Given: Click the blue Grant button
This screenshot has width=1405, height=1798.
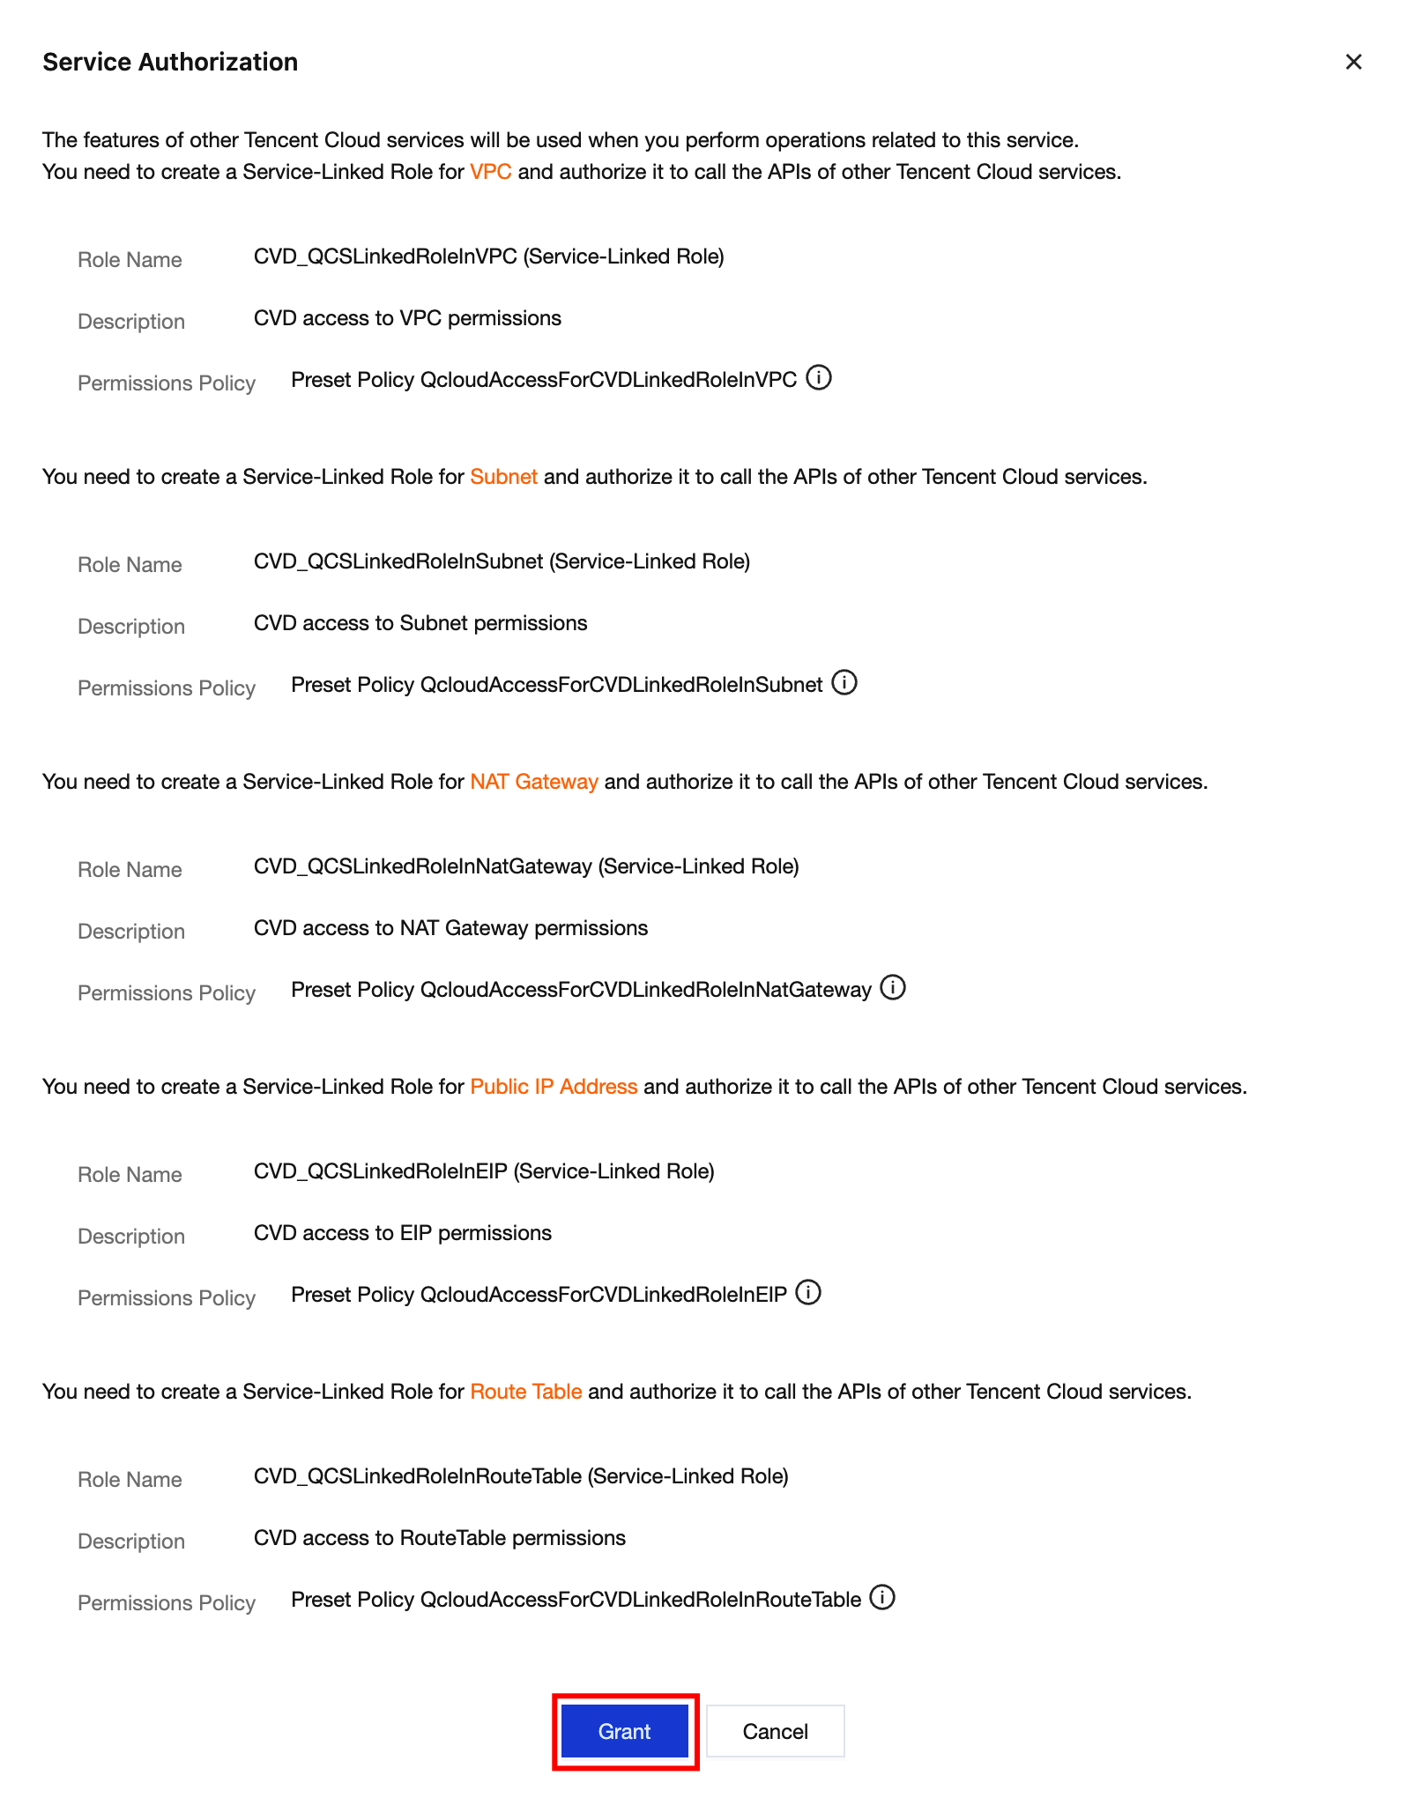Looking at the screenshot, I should pyautogui.click(x=624, y=1731).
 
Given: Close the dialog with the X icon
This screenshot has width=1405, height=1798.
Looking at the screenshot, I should pyautogui.click(x=1353, y=62).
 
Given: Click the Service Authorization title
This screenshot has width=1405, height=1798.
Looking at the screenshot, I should pyautogui.click(x=170, y=62).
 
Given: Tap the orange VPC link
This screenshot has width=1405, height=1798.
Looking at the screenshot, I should pyautogui.click(x=490, y=172).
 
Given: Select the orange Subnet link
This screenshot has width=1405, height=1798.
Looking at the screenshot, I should pyautogui.click(x=503, y=477).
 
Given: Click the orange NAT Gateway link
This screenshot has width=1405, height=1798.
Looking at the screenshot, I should pyautogui.click(x=534, y=782).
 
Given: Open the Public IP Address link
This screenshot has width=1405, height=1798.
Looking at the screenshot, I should pyautogui.click(x=554, y=1087).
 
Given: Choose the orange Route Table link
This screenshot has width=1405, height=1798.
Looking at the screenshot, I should pyautogui.click(x=525, y=1392).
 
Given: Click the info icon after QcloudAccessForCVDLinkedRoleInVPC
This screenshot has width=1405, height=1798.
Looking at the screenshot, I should pyautogui.click(x=819, y=378).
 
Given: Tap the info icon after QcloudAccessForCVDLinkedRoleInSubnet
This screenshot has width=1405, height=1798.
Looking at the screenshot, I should pyautogui.click(x=844, y=683).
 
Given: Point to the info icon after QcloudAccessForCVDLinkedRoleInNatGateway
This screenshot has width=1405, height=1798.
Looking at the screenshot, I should pyautogui.click(x=893, y=988).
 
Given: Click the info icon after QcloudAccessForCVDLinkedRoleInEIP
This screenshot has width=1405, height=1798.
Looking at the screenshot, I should pyautogui.click(x=808, y=1293).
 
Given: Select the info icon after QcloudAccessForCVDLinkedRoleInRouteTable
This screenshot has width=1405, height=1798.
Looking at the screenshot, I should pyautogui.click(x=882, y=1598).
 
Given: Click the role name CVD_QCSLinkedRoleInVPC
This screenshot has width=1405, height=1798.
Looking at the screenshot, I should pyautogui.click(x=385, y=256).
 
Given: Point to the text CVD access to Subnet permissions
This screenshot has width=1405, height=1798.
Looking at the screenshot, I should pyautogui.click(x=420, y=623).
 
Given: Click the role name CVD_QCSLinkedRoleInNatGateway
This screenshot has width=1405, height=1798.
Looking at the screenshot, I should pyautogui.click(x=422, y=866).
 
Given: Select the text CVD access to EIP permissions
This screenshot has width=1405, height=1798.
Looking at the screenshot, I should pyautogui.click(x=403, y=1233).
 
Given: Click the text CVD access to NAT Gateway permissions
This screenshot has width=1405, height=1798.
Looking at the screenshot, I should pyautogui.click(x=450, y=928).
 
